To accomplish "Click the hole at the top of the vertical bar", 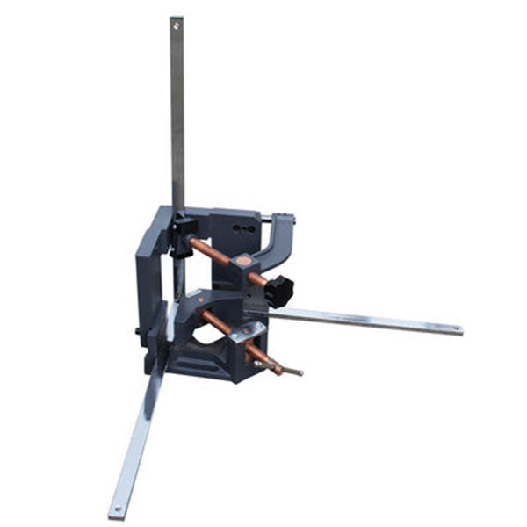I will (x=177, y=26).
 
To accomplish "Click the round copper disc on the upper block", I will (x=247, y=260).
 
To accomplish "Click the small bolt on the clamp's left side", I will (x=140, y=331).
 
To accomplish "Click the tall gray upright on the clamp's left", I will (x=150, y=281).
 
